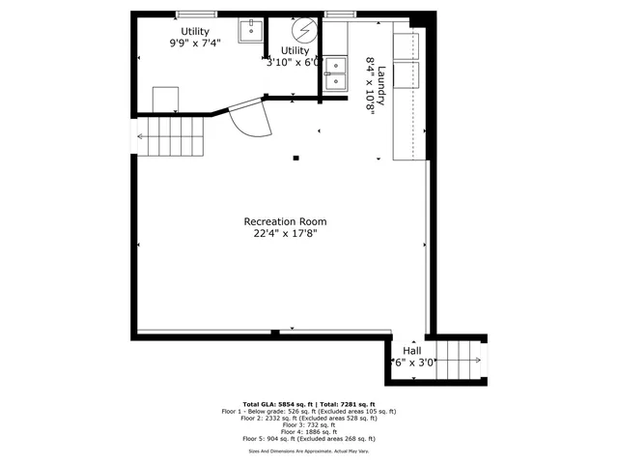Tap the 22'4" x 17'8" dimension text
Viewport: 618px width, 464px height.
[x=285, y=233]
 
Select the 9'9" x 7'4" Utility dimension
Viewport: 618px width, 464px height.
[x=196, y=43]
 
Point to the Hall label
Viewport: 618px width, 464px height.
[x=411, y=351]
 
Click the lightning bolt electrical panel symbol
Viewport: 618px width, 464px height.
[x=305, y=28]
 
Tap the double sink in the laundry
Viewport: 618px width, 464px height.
[x=334, y=73]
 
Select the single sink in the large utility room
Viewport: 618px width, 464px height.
[x=253, y=28]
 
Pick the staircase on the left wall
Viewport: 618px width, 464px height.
[x=171, y=136]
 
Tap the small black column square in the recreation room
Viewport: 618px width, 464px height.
[x=296, y=158]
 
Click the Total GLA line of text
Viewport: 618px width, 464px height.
[x=308, y=403]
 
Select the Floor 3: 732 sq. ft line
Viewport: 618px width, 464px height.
[x=308, y=424]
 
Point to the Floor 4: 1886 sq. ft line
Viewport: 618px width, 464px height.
[x=308, y=431]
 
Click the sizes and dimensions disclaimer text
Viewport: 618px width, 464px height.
[x=308, y=449]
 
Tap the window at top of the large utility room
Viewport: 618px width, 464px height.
[x=197, y=14]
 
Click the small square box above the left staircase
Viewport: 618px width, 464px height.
[x=165, y=99]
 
